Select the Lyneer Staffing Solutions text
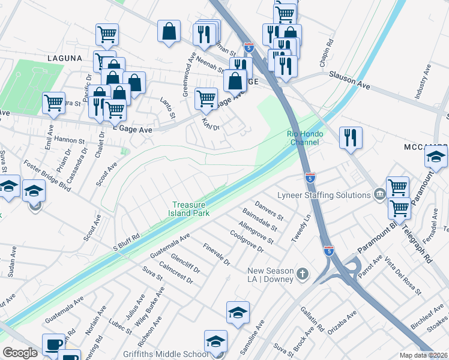click(x=324, y=195)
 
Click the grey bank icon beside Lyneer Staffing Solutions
click(x=379, y=194)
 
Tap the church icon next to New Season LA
click(x=303, y=274)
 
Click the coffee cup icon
click(x=53, y=345)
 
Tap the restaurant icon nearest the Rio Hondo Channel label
click(x=351, y=137)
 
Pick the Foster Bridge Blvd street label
click(x=47, y=175)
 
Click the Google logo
click(x=20, y=353)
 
